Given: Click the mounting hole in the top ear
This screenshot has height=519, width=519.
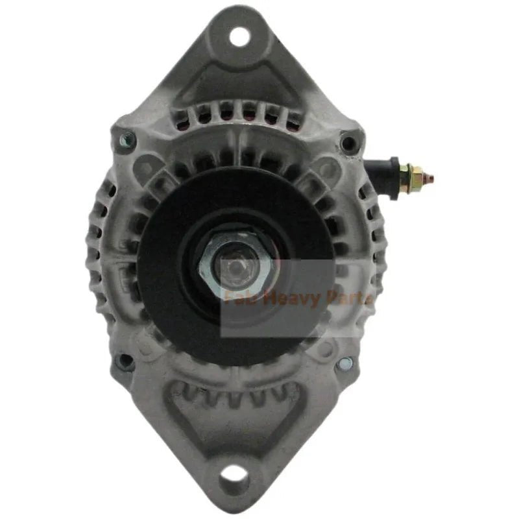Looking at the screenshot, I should [x=239, y=33].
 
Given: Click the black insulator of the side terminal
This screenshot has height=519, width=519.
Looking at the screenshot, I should [x=381, y=170].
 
